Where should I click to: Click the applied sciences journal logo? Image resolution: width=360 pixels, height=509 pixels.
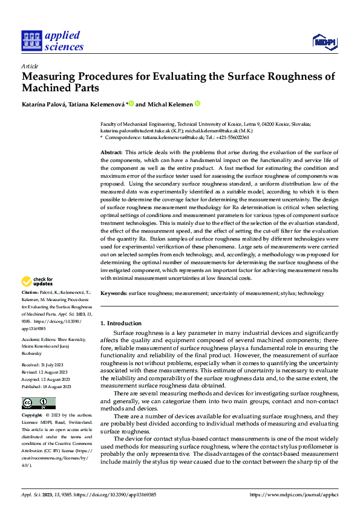pyautogui.click(x=53, y=41)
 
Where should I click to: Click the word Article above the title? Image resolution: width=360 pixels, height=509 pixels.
pyautogui.click(x=30, y=66)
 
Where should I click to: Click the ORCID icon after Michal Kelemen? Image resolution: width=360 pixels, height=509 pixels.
pyautogui.click(x=197, y=104)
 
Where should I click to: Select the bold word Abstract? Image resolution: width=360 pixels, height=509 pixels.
pyautogui.click(x=111, y=152)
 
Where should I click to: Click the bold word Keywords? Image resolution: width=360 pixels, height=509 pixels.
pyautogui.click(x=113, y=293)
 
